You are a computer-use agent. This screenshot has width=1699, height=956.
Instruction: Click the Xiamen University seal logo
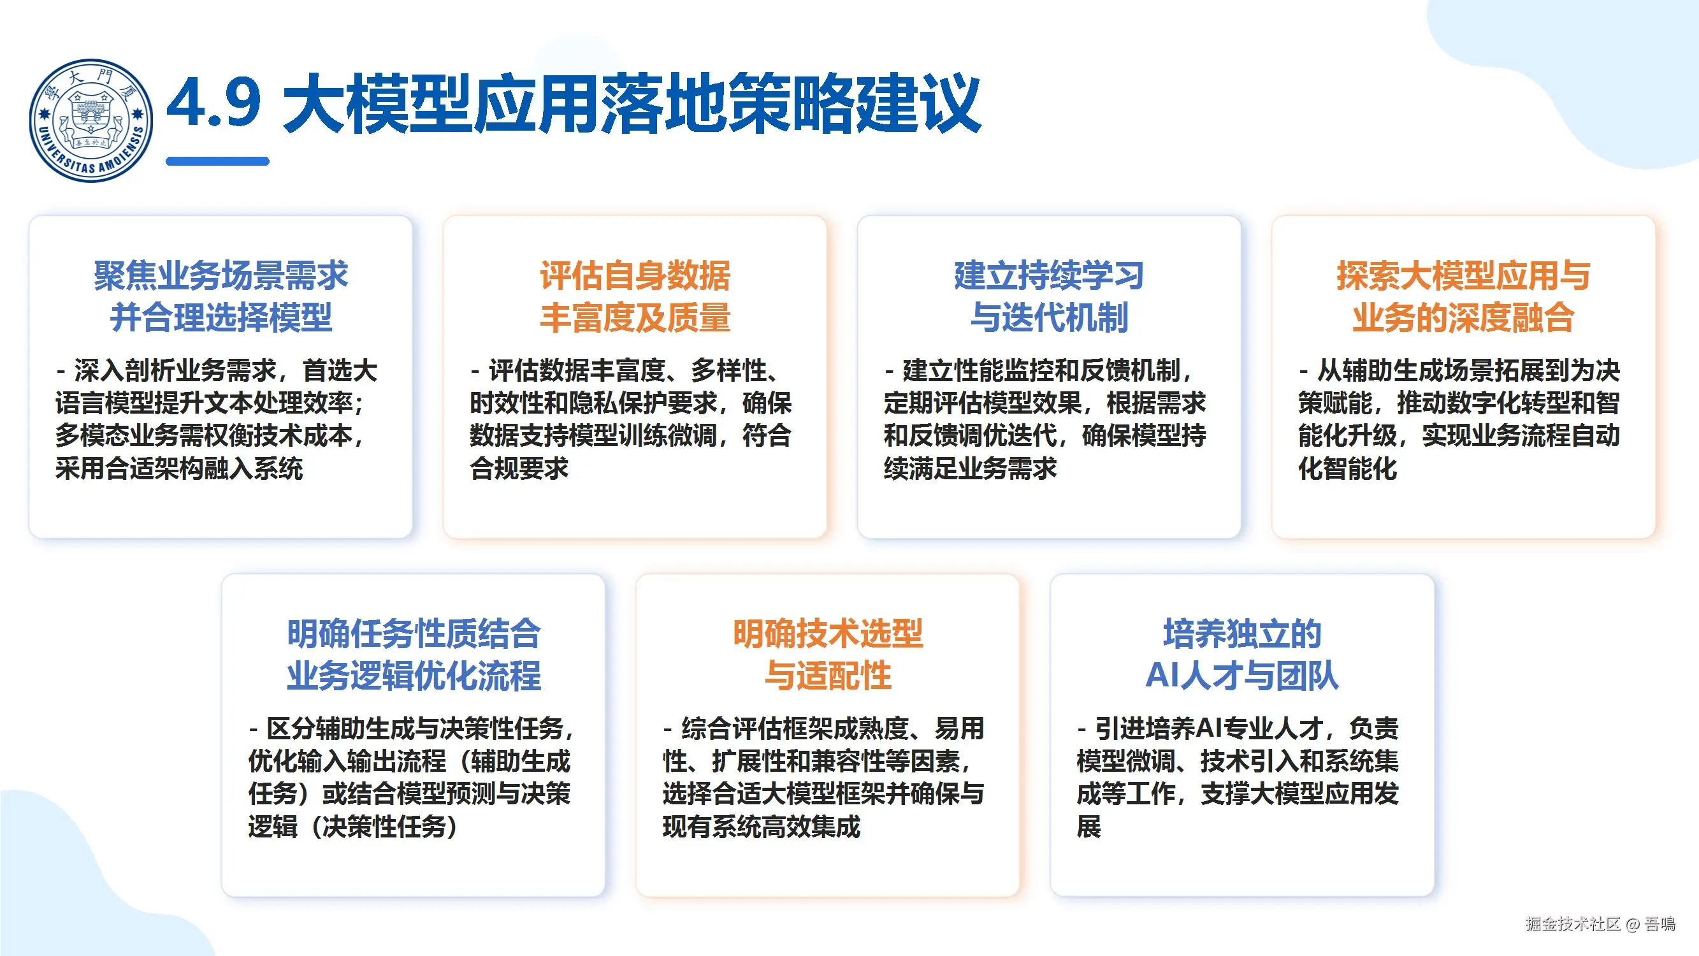91,120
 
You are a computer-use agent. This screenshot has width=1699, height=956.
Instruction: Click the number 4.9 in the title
213,102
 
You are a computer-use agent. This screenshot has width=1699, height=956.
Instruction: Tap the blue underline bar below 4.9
218,161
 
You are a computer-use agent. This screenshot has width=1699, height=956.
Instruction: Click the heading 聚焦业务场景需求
221,275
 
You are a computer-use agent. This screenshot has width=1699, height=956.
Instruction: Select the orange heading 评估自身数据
635,275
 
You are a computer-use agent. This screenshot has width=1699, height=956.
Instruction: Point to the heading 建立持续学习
1050,275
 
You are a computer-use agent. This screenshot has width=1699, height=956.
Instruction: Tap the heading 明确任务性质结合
414,634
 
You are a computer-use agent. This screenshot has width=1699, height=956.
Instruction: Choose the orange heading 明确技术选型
828,634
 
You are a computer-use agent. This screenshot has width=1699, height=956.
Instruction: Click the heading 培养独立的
1242,634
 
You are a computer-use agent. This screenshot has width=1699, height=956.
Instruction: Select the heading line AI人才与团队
1242,676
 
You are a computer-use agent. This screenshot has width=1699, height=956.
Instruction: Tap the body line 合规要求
519,468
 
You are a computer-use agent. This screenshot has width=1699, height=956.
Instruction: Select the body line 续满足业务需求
970,468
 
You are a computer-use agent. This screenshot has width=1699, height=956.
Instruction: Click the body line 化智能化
1347,468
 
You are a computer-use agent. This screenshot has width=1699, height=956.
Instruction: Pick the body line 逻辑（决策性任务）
354,826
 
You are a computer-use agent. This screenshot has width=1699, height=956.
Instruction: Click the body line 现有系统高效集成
761,826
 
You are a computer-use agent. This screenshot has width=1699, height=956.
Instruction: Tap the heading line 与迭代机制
1050,317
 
